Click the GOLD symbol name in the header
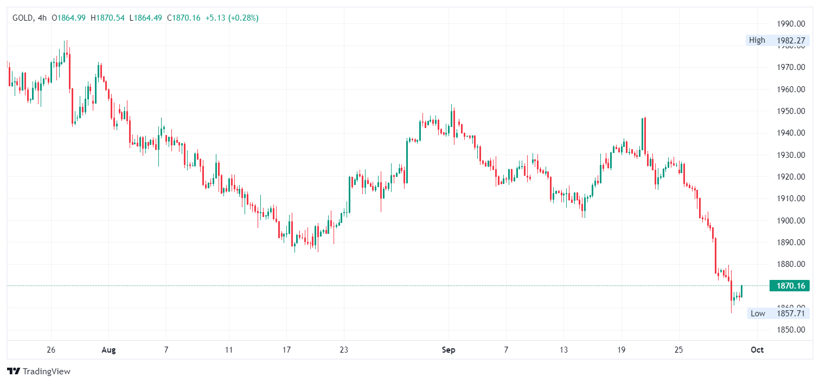pos(22,18)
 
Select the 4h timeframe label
pos(42,18)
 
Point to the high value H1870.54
pos(107,18)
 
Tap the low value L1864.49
pos(145,18)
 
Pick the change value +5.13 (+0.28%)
pos(232,18)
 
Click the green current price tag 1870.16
pos(789,286)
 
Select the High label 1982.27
pos(777,40)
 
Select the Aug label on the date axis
pos(109,350)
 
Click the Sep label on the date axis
pos(449,350)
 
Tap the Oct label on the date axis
pos(757,350)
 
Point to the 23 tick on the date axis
pos(343,350)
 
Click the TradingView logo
pos(39,372)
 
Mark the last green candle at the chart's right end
pos(741,291)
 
